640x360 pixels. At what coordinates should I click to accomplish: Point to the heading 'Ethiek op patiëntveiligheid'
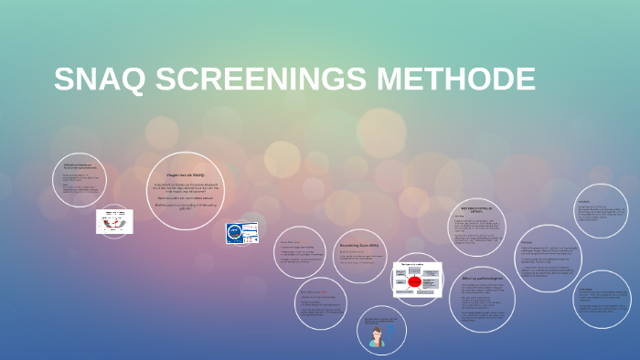(x=483, y=278)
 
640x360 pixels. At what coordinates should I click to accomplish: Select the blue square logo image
(x=237, y=234)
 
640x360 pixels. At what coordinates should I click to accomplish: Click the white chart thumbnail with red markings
(x=115, y=221)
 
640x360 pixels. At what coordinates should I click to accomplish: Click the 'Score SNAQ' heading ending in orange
(x=291, y=242)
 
